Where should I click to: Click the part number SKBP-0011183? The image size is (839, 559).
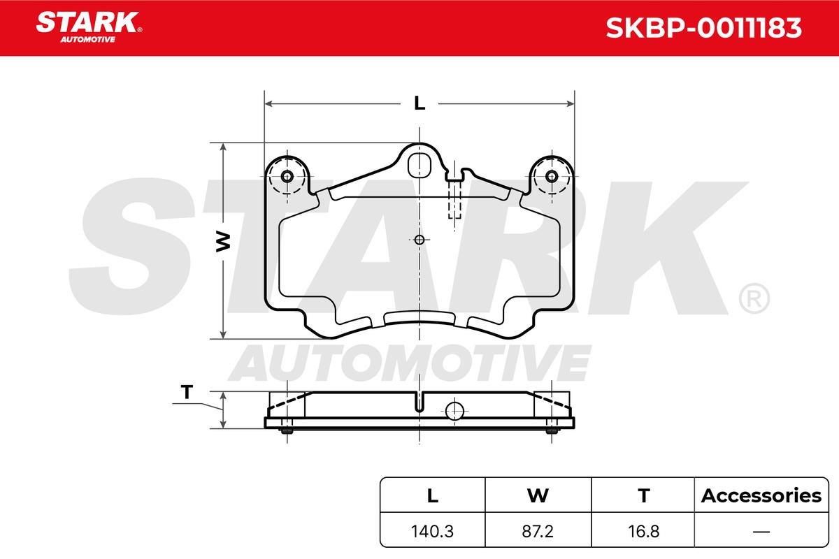(x=703, y=28)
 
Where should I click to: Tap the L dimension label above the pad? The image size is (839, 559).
(x=419, y=103)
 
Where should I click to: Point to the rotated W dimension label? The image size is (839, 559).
(x=223, y=242)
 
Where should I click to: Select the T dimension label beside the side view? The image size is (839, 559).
(x=187, y=392)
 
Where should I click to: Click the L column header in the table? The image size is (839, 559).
(x=433, y=495)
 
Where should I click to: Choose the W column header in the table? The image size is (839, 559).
(x=538, y=495)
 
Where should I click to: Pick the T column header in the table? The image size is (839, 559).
(x=643, y=495)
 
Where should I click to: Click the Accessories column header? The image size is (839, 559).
(x=761, y=495)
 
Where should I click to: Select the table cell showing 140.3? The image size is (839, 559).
(x=432, y=531)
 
